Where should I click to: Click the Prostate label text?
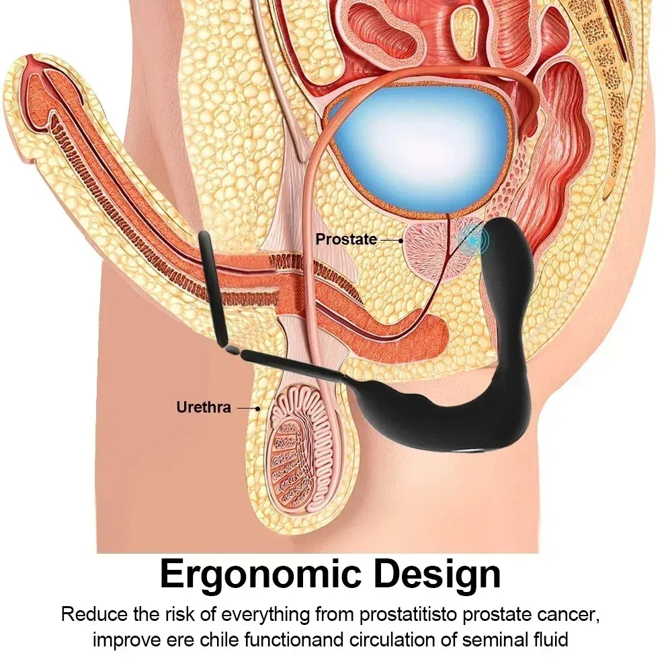coord(346,239)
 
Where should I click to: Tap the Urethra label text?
coord(204,407)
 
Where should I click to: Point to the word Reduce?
coord(94,614)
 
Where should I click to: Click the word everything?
coord(265,615)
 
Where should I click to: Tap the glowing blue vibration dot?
coord(472,241)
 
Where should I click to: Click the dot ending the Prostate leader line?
coord(401,241)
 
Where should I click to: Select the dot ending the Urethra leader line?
coord(257,409)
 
